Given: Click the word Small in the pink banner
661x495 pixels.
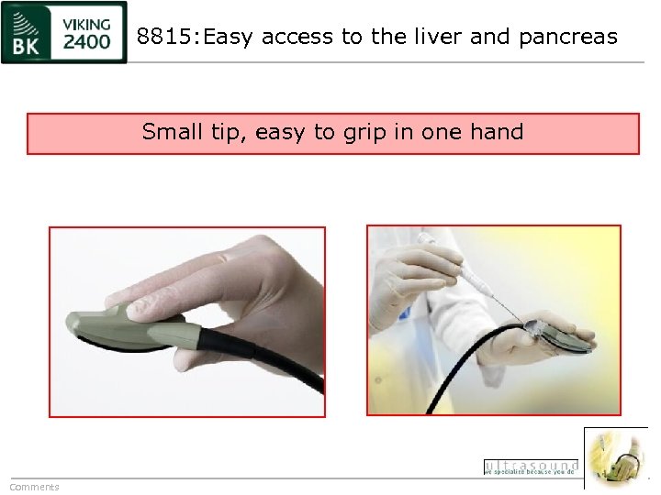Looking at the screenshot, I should click(x=173, y=132).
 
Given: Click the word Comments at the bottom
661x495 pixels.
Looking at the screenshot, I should click(x=34, y=487).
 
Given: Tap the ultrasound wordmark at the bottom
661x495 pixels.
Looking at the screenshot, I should click(x=531, y=466).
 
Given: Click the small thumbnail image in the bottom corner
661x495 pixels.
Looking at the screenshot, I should click(x=615, y=457).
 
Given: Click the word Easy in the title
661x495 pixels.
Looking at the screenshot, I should click(x=230, y=37).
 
